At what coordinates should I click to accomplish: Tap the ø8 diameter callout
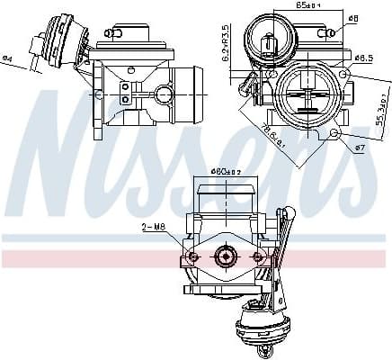point(353,19)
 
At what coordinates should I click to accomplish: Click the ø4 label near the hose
point(8,59)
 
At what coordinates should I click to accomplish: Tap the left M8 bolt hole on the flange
point(192,257)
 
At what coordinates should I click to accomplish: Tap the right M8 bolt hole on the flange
point(258,257)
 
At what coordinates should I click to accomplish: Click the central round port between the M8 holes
point(225,257)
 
